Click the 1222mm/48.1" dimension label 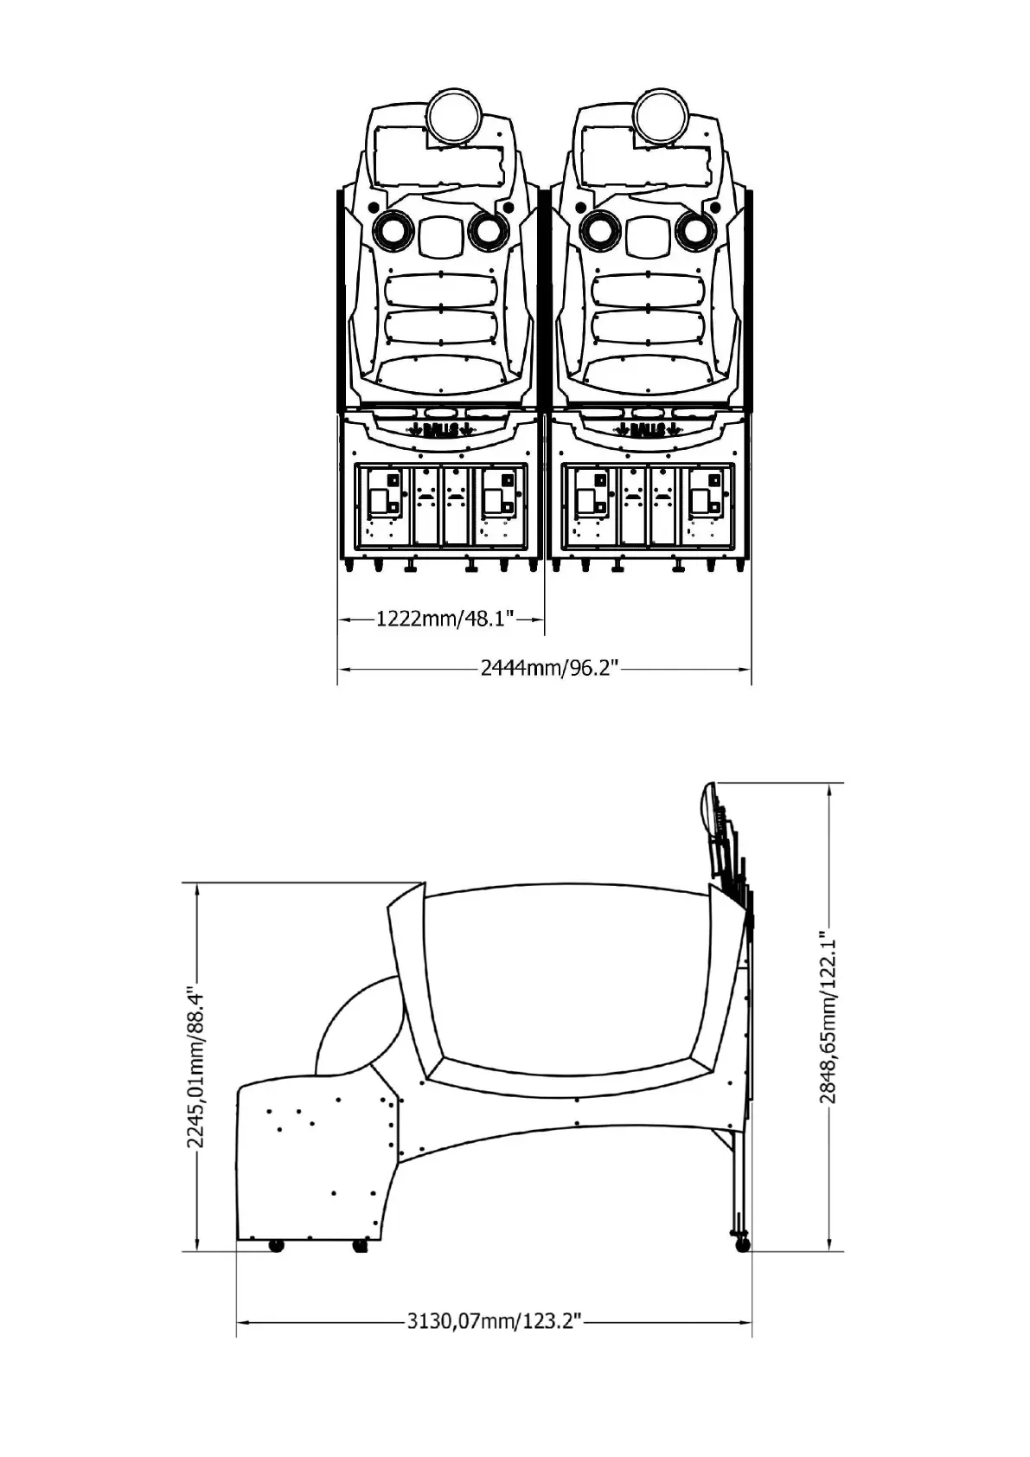pyautogui.click(x=445, y=619)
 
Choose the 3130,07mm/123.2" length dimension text pyautogui.click(x=494, y=1321)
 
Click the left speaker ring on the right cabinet pyautogui.click(x=598, y=229)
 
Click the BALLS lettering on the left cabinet pyautogui.click(x=441, y=429)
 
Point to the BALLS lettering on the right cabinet pyautogui.click(x=648, y=429)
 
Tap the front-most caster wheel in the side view pyautogui.click(x=276, y=1246)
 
